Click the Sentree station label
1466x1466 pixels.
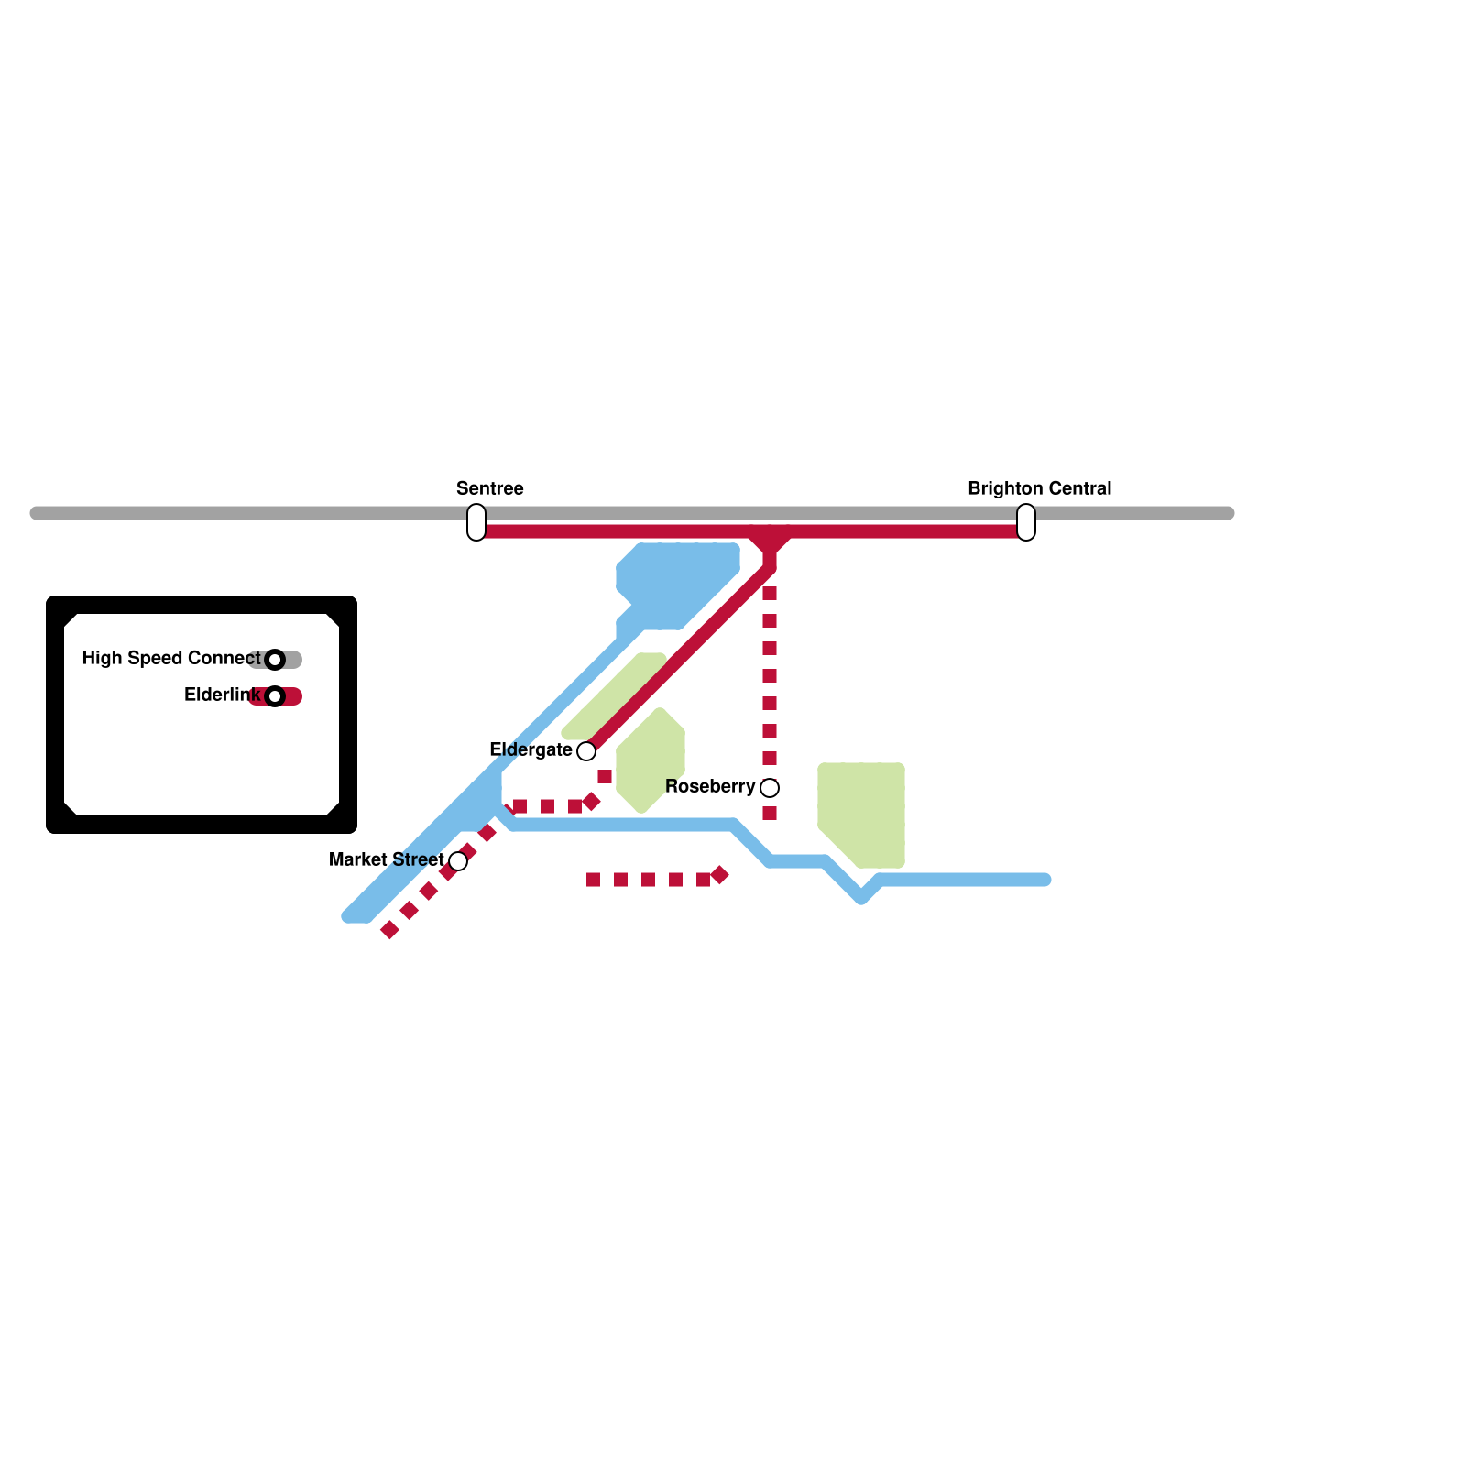point(490,488)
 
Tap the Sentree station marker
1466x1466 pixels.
point(476,522)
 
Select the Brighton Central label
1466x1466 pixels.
point(1039,488)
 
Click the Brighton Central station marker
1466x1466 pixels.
point(1026,522)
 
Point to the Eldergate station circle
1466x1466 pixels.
point(586,751)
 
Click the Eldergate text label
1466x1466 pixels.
point(531,750)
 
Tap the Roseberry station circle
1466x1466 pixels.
point(770,788)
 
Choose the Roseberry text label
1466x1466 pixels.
point(710,787)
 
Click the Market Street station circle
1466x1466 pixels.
point(458,861)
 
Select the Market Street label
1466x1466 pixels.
point(386,860)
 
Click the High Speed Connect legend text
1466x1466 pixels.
point(170,659)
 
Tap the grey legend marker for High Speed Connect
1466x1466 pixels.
point(275,660)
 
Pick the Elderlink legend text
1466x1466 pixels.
point(222,695)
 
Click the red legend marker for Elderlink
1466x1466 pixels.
point(275,696)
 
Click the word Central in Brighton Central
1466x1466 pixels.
point(1078,488)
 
